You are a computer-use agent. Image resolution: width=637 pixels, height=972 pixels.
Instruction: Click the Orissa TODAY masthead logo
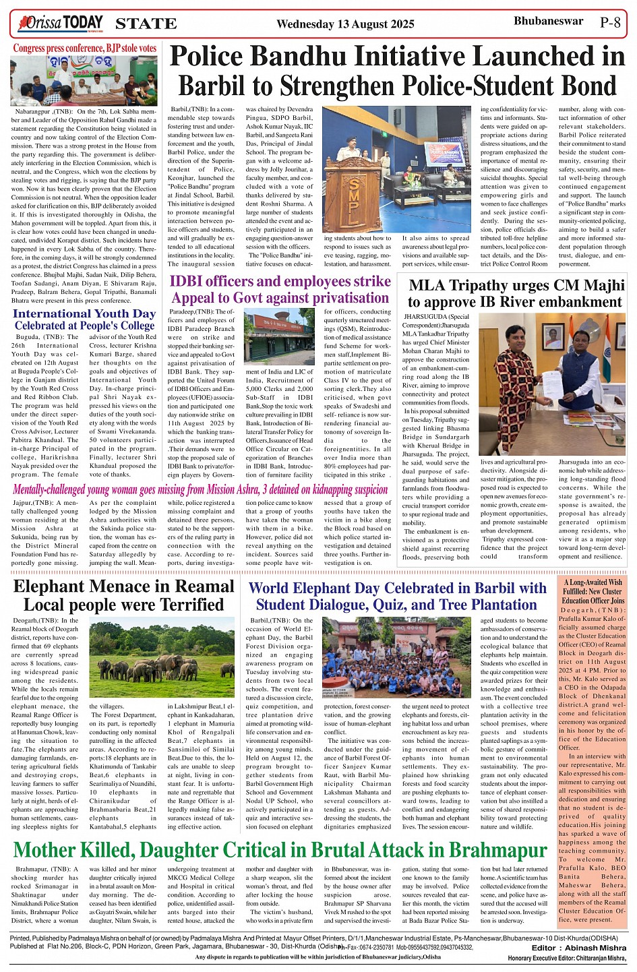click(x=61, y=24)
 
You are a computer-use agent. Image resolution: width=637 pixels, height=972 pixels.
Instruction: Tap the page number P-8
click(x=610, y=22)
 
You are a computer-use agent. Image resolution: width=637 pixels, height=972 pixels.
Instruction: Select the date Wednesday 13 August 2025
click(x=345, y=24)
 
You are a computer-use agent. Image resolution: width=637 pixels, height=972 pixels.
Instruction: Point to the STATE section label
click(x=146, y=24)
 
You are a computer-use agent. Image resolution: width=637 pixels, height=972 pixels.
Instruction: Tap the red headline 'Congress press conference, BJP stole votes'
click(x=85, y=49)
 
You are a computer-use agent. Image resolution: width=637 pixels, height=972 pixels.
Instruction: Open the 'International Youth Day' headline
click(x=84, y=320)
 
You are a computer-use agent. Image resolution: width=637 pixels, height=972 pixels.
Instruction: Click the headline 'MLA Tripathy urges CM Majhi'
click(x=515, y=293)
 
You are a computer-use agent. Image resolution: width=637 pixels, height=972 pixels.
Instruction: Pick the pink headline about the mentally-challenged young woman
click(x=200, y=489)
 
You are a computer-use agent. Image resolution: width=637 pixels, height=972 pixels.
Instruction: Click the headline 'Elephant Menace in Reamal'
click(x=123, y=595)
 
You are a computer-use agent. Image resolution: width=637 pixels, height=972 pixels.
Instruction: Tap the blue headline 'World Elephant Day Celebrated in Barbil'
click(x=397, y=596)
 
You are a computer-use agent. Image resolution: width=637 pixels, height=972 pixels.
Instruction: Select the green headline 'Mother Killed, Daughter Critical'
click(x=280, y=849)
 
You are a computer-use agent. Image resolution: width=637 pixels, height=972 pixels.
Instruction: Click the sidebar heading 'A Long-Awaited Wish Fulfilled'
click(x=593, y=591)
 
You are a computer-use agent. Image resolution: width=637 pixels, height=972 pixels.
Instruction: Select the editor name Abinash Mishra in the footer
click(x=588, y=948)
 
